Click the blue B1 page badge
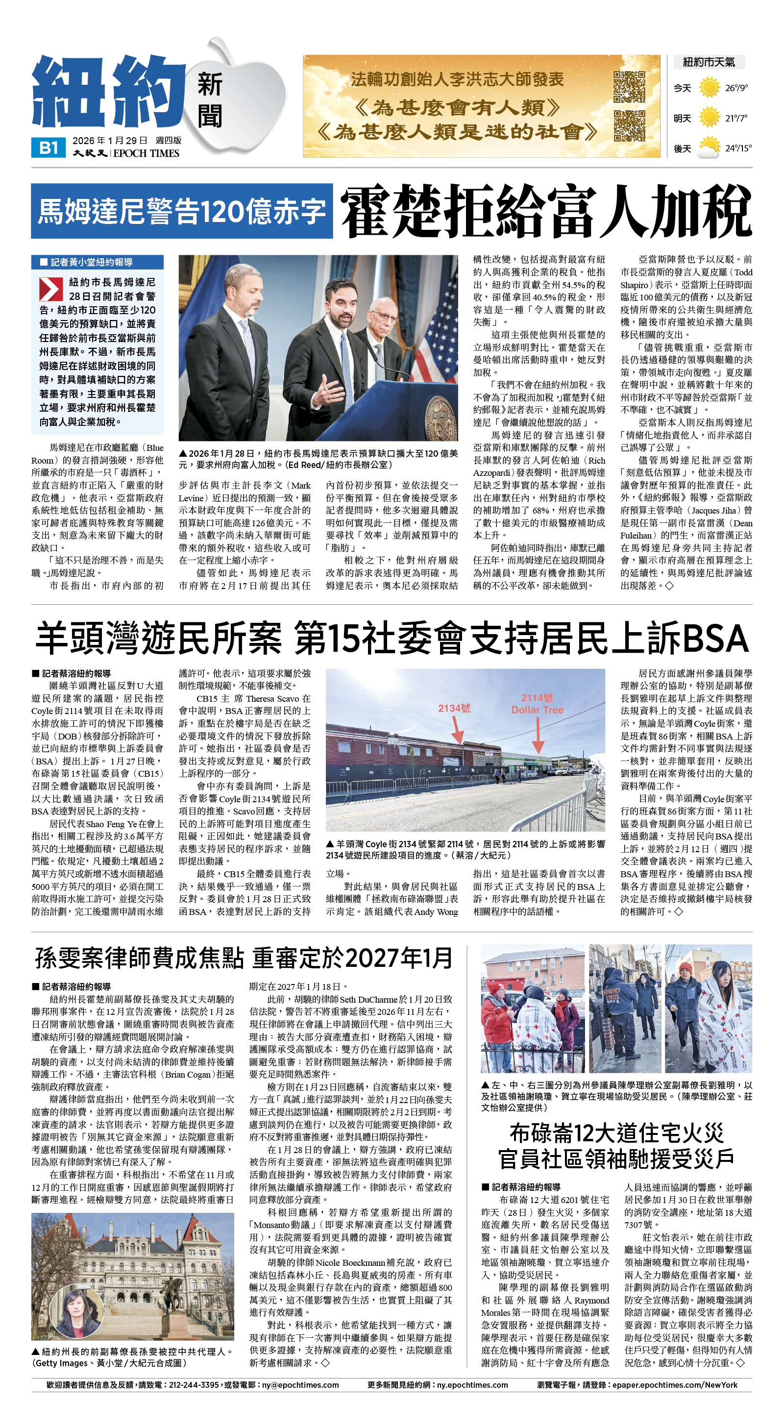point(49,148)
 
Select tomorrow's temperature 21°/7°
point(736,118)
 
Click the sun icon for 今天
point(709,88)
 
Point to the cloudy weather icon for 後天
point(709,148)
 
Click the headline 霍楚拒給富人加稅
point(546,212)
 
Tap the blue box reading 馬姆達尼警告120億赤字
point(182,211)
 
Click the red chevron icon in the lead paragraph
point(51,289)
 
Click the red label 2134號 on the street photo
point(454,708)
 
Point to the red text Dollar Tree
point(537,710)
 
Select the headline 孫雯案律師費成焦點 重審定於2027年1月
point(244,958)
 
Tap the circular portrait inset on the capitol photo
point(76,1313)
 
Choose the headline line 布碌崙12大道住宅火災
point(616,1133)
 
